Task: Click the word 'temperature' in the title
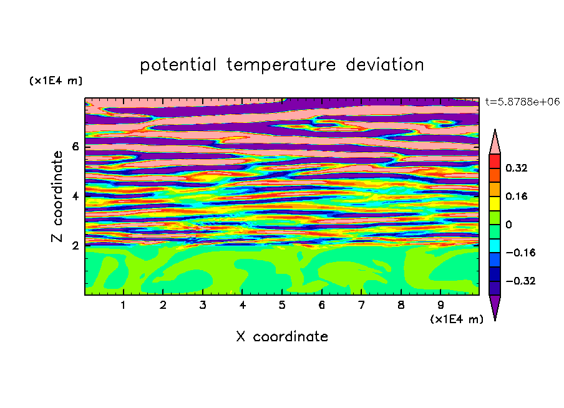[281, 66]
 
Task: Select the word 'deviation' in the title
[384, 64]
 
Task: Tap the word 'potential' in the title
[178, 66]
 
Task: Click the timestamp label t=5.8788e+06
[522, 102]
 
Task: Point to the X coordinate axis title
[282, 336]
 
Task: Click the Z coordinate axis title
[57, 197]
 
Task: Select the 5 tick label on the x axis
[282, 305]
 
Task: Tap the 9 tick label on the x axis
[440, 305]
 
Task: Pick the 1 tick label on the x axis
[123, 305]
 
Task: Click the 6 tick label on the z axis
[75, 147]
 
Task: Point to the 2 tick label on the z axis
[75, 246]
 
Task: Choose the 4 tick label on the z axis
[75, 196]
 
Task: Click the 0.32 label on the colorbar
[516, 168]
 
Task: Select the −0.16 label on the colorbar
[520, 253]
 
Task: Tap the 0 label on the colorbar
[508, 225]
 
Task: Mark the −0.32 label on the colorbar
[520, 281]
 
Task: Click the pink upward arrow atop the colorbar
[495, 144]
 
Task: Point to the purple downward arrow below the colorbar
[495, 306]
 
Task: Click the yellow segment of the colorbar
[495, 203]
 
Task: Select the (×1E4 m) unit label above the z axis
[56, 80]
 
